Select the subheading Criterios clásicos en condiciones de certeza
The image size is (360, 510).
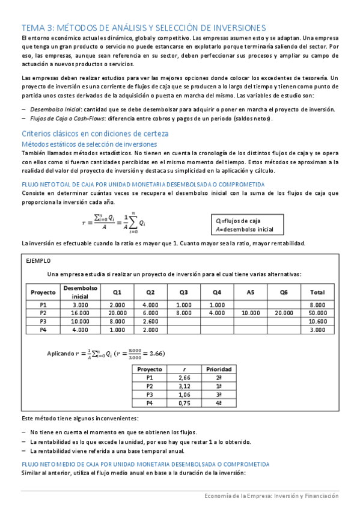click(x=95, y=133)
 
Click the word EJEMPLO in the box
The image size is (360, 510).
click(x=38, y=260)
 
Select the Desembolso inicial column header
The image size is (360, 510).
click(x=80, y=292)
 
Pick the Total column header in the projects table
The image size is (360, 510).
click(x=317, y=292)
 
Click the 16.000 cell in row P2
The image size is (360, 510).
click(x=80, y=313)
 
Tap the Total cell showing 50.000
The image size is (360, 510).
click(x=317, y=313)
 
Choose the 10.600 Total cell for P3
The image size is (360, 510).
click(x=317, y=321)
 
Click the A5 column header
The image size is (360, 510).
click(x=251, y=292)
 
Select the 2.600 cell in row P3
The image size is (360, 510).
click(x=150, y=321)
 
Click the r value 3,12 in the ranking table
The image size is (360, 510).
click(x=185, y=386)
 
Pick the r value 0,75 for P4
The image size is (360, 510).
click(x=185, y=402)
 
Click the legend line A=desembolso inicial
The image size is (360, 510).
click(x=245, y=230)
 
